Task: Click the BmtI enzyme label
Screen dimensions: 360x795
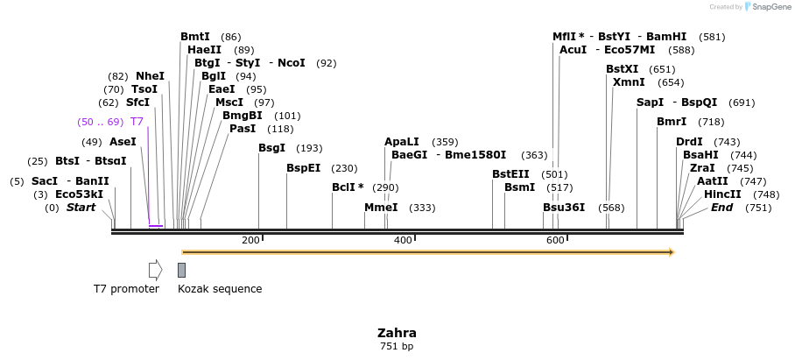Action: click(195, 37)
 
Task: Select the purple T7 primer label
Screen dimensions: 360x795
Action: click(137, 122)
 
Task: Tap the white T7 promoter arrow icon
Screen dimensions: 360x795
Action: click(155, 270)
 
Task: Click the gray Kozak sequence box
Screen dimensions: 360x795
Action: click(181, 270)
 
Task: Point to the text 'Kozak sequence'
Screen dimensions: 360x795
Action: click(220, 289)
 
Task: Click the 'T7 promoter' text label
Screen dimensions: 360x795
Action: click(127, 289)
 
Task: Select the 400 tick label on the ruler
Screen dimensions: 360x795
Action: click(403, 240)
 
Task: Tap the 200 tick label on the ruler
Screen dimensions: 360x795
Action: click(250, 240)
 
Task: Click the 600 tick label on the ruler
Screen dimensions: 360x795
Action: click(555, 240)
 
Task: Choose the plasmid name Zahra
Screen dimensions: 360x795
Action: click(397, 333)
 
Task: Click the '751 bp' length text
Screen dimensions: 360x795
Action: click(397, 347)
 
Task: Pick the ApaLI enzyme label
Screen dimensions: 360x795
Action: click(402, 142)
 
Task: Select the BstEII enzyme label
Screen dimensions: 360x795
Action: click(510, 174)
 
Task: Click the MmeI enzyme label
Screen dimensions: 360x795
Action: click(381, 208)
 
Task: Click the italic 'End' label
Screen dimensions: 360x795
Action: click(721, 208)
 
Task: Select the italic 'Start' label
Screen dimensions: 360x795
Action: click(81, 208)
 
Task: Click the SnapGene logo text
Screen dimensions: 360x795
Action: click(770, 7)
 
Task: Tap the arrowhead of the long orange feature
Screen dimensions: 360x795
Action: click(671, 252)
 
